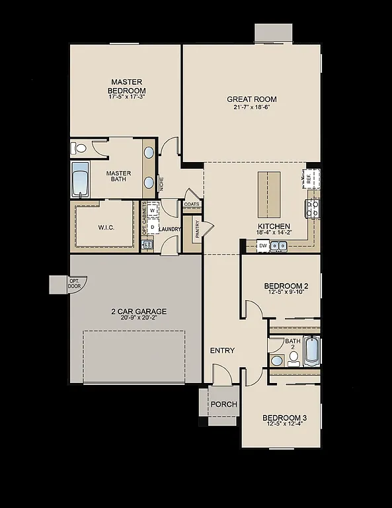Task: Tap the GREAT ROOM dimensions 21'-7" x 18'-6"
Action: point(252,107)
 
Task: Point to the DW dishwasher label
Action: point(262,245)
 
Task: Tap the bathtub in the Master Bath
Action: point(81,180)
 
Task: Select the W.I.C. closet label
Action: point(106,228)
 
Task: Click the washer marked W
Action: point(152,210)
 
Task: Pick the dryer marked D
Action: point(152,227)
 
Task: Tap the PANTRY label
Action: point(198,229)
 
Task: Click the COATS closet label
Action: point(192,204)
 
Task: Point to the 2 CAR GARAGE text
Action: point(139,311)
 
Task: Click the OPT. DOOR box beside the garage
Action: point(74,284)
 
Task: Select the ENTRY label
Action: point(222,351)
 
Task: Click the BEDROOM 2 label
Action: point(286,286)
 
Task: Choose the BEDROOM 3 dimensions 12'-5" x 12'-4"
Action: point(284,425)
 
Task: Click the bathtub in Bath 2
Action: point(312,351)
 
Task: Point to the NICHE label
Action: point(161,183)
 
